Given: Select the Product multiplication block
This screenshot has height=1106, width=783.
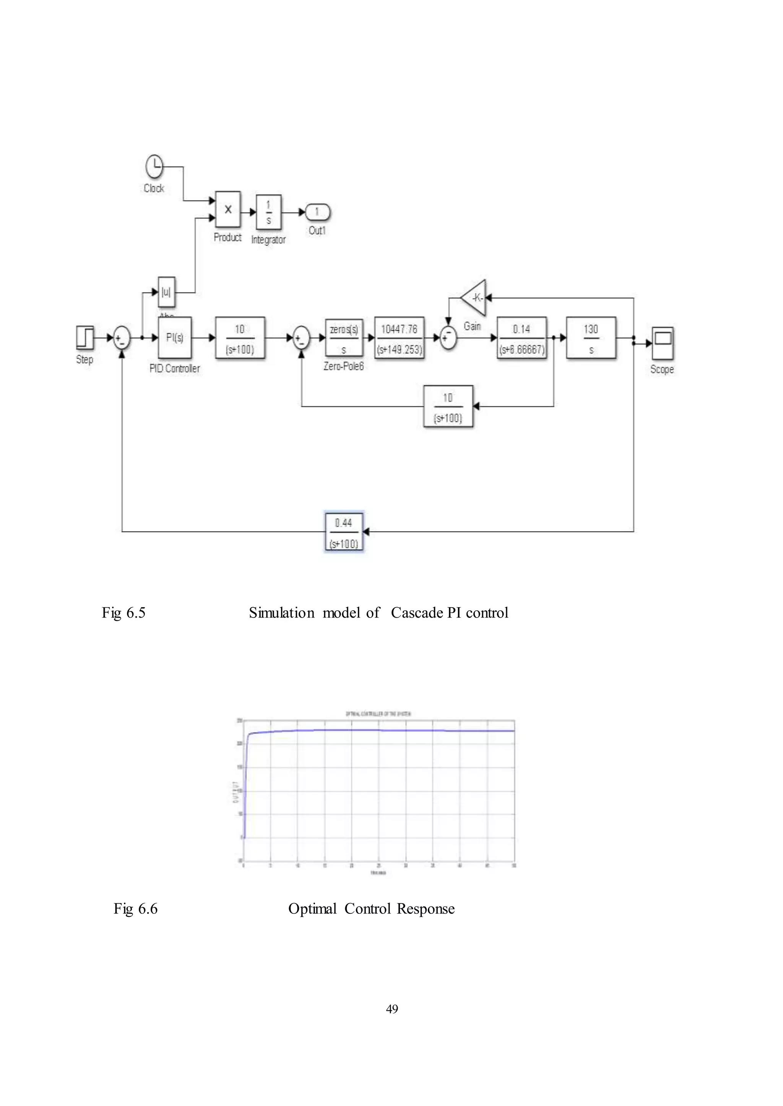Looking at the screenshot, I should [x=227, y=209].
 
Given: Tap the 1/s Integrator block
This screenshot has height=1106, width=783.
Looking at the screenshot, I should [x=268, y=212].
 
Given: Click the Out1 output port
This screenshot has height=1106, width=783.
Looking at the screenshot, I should [x=317, y=212].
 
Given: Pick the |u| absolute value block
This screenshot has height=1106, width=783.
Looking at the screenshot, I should [x=166, y=292].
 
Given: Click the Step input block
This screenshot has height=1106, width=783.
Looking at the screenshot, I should [x=85, y=337].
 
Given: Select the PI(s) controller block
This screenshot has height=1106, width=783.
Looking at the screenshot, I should [x=175, y=337].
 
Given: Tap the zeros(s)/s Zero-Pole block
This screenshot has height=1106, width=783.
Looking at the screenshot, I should [x=344, y=338].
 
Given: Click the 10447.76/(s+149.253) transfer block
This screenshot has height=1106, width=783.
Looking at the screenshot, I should [x=399, y=338].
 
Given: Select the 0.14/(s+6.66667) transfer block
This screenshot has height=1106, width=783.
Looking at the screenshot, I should [x=521, y=338].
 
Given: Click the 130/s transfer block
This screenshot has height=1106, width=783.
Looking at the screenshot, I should [x=591, y=338].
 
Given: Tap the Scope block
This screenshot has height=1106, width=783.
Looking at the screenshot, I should [x=663, y=343].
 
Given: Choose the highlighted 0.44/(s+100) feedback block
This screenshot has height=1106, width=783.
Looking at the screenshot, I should [x=344, y=532].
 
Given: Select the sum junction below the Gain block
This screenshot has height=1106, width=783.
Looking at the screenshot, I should [x=448, y=338].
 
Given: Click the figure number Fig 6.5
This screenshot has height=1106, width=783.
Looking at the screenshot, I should [x=123, y=613].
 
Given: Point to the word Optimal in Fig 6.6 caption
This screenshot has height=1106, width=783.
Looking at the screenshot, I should [x=312, y=909].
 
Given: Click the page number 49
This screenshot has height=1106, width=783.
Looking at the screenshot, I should [x=392, y=1009].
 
